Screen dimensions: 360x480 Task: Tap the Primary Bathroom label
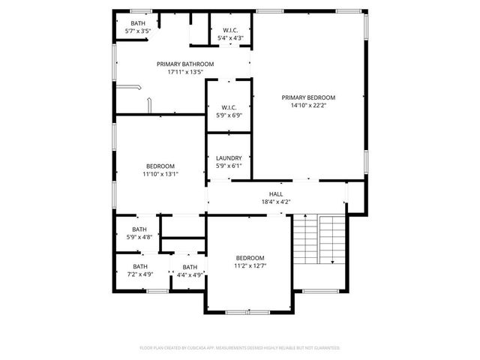(185, 64)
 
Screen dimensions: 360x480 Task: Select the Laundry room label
(228, 157)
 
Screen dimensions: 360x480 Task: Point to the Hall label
(276, 193)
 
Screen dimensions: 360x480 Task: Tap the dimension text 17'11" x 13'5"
(185, 73)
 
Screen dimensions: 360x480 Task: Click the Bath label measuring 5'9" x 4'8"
(139, 229)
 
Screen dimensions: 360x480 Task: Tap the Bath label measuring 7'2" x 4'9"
(140, 266)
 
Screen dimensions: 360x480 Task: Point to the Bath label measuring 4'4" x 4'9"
(190, 267)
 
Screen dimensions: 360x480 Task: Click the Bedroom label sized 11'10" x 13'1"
(160, 166)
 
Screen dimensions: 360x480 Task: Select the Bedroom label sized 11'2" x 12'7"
(250, 257)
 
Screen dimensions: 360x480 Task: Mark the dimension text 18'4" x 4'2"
(276, 202)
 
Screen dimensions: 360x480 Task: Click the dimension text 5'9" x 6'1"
(228, 166)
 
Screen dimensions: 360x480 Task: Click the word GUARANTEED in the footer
(323, 348)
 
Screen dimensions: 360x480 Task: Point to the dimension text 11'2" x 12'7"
(250, 265)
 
